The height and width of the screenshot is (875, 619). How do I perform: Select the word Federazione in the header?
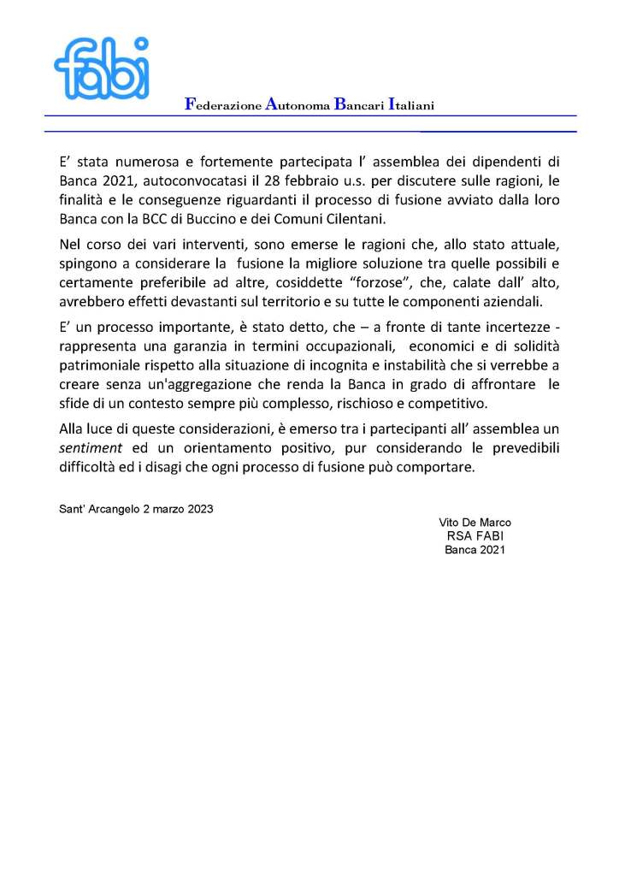click(x=222, y=105)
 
